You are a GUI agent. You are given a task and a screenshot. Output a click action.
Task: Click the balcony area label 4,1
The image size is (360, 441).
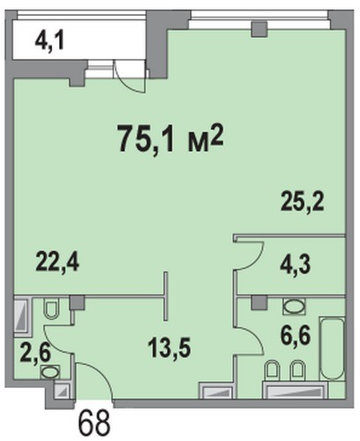click(x=49, y=42)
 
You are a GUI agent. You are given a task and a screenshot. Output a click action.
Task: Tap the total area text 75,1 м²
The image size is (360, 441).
click(x=171, y=138)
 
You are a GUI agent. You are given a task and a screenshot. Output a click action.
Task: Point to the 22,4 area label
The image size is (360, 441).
click(x=57, y=262)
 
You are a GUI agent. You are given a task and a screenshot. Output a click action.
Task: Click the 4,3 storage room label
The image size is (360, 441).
click(x=295, y=265)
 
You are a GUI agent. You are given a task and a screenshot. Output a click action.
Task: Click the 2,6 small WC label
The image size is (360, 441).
click(x=35, y=354)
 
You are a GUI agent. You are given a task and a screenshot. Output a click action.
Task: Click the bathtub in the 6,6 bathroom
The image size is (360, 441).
click(x=333, y=349)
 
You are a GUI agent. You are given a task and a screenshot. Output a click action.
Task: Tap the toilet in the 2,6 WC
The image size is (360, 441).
click(x=52, y=309)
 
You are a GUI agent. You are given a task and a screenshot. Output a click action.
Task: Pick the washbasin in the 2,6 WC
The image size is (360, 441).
click(x=50, y=372)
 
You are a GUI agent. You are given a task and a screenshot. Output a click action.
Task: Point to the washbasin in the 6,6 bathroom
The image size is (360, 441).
click(x=294, y=306)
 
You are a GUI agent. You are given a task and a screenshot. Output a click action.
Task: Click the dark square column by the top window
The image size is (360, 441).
click(x=259, y=29)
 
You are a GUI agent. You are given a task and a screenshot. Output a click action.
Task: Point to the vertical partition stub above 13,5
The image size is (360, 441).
click(x=166, y=296)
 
